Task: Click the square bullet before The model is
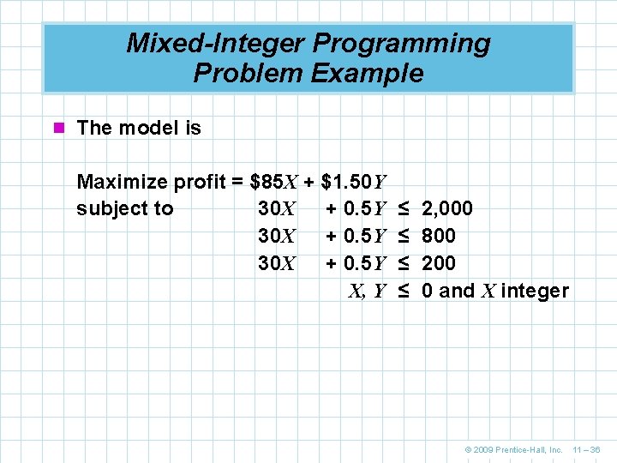[59, 129]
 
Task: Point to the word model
[147, 129]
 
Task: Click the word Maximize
[123, 182]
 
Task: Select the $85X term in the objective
[273, 182]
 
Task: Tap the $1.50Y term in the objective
[354, 182]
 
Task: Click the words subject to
[124, 209]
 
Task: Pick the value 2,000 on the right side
[447, 209]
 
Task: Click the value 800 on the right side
[439, 236]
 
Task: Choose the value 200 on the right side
[439, 263]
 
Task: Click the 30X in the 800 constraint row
[277, 236]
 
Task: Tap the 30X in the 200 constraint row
[277, 263]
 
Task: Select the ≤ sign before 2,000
[403, 209]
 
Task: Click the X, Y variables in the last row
[367, 292]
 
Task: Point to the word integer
[535, 292]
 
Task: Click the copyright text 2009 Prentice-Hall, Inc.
[513, 449]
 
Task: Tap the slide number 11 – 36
[586, 449]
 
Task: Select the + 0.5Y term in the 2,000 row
[357, 209]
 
